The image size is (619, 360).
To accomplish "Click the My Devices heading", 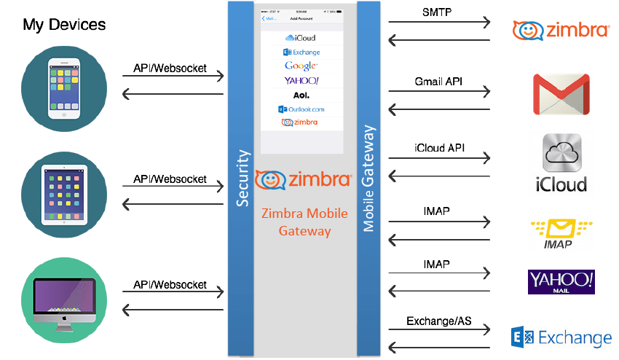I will pyautogui.click(x=64, y=25).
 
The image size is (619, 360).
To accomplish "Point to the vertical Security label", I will pyautogui.click(x=243, y=179).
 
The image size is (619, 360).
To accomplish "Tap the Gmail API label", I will pyautogui.click(x=438, y=81).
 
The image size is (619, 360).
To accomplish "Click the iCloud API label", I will pyautogui.click(x=439, y=147).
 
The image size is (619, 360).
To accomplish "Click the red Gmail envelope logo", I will pyautogui.click(x=560, y=94).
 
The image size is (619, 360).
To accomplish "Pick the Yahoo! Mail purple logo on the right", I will pyautogui.click(x=561, y=281).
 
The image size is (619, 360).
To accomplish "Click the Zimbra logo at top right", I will pyautogui.click(x=561, y=31).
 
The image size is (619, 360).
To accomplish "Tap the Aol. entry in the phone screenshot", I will pyautogui.click(x=301, y=95).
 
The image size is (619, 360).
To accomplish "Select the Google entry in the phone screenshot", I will pyautogui.click(x=301, y=66).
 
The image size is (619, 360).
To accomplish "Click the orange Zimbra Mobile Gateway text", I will pyautogui.click(x=304, y=222).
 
